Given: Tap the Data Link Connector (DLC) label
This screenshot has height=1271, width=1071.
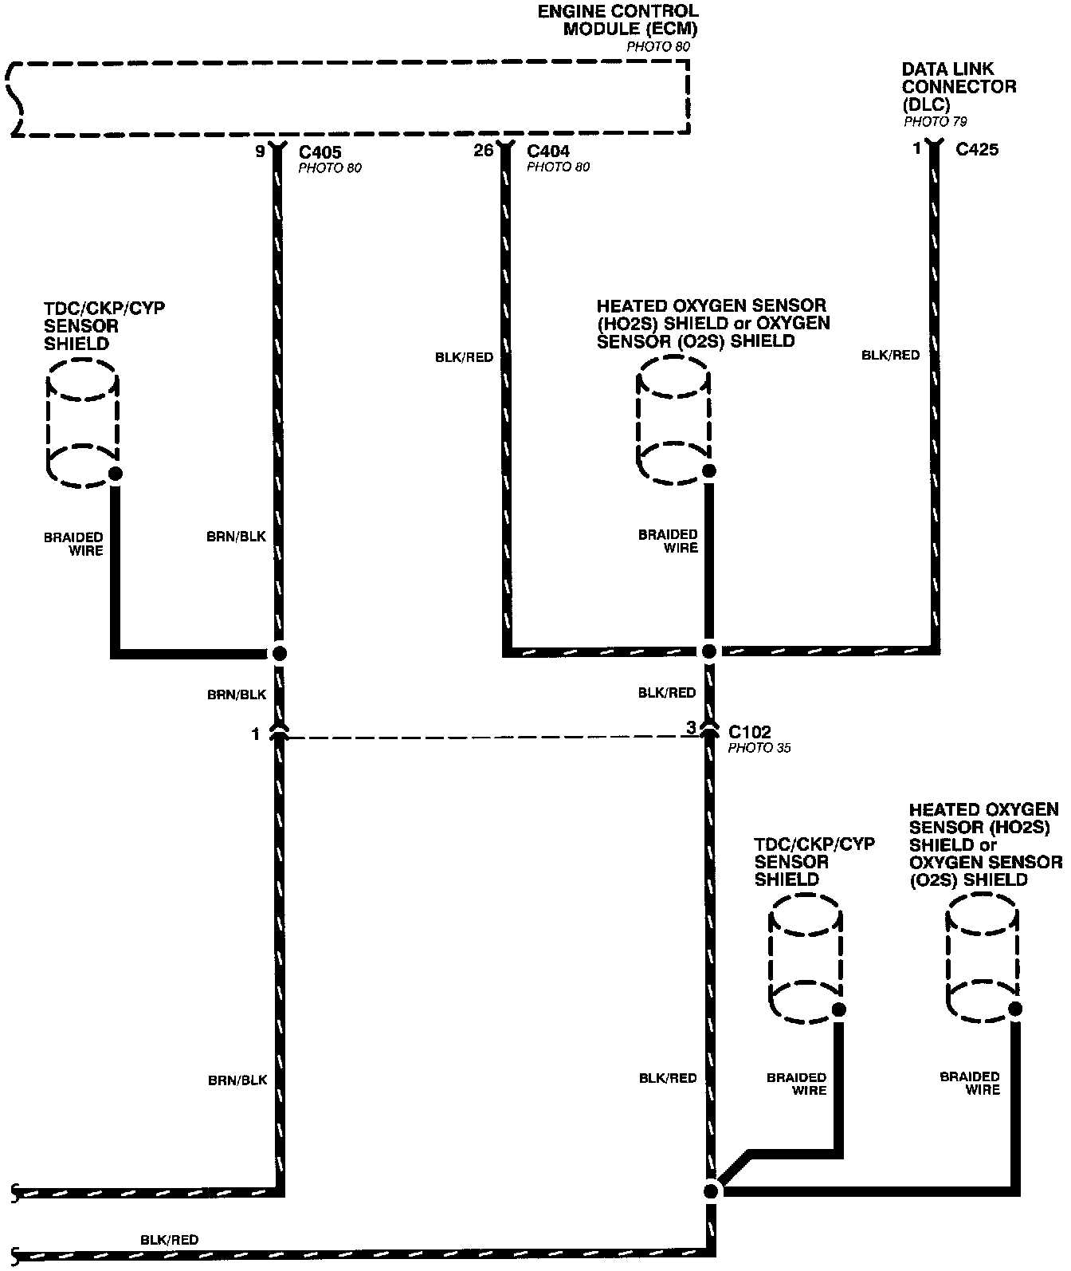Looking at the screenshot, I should [959, 87].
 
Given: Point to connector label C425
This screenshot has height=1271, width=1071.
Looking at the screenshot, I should [976, 149].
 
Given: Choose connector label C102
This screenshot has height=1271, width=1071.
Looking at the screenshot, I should [749, 732].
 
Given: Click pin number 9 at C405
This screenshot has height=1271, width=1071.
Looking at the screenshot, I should [260, 150].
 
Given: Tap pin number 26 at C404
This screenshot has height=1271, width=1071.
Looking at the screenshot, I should [483, 150].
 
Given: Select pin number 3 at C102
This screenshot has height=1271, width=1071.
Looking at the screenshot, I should [691, 727].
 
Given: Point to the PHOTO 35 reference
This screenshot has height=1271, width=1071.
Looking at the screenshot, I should [759, 748].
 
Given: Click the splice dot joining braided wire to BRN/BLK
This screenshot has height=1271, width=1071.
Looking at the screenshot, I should [279, 653].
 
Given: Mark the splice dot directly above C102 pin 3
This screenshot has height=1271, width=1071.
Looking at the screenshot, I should [709, 651].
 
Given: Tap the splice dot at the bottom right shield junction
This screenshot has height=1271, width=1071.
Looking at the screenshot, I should [712, 1191].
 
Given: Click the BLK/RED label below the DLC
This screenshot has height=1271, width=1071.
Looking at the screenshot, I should [890, 355].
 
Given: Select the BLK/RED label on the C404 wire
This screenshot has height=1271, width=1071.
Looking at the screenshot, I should [464, 357].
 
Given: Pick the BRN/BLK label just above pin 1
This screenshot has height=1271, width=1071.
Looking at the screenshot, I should [237, 695].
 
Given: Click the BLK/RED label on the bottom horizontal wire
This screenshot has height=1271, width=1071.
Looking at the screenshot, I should [169, 1240].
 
